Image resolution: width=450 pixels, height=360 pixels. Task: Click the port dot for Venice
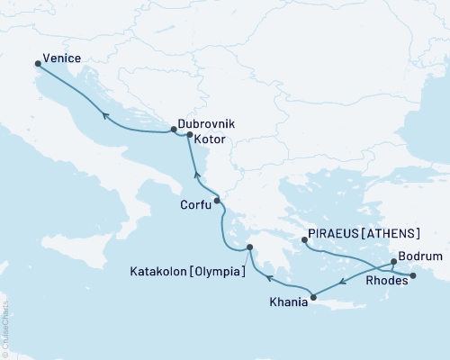point(38,64)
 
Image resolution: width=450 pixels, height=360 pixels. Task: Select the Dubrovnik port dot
point(174,130)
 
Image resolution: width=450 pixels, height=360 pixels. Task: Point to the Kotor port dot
point(189,135)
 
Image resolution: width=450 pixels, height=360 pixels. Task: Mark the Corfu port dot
point(217,201)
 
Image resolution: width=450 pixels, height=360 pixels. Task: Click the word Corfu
point(195,205)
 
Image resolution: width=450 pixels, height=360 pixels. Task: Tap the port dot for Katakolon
point(251,247)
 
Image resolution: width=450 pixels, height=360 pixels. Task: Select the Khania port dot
point(313,296)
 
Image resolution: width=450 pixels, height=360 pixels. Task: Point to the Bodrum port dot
point(394,262)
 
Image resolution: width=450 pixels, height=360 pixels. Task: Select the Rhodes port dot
point(412,275)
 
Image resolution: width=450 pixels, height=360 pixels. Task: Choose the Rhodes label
point(386,281)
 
